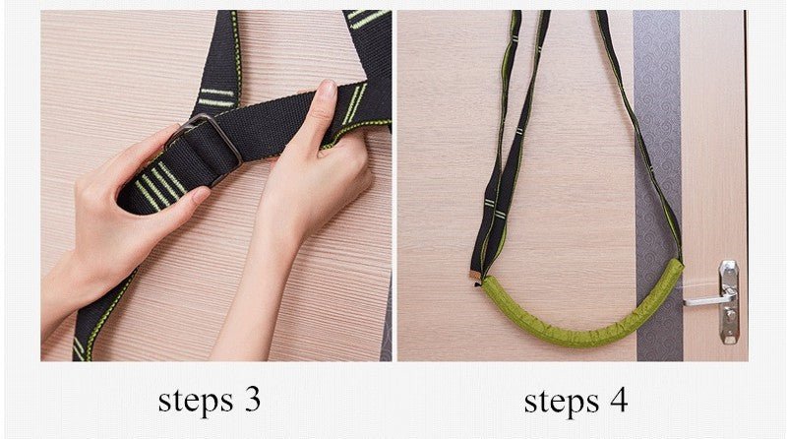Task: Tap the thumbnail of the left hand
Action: point(199,196)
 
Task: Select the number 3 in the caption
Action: point(252,401)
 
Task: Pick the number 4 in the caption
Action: point(618,401)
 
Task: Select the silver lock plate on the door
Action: point(729,305)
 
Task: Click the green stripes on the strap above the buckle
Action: point(216,97)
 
